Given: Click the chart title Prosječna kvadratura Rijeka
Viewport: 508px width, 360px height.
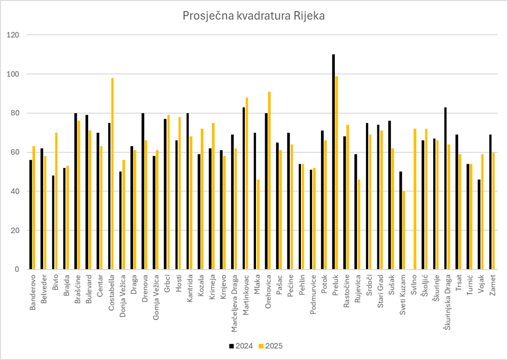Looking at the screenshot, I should [x=254, y=16].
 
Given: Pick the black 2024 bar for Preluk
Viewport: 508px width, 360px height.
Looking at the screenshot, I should [x=333, y=162].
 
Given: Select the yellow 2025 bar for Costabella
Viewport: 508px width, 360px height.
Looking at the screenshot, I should [x=112, y=173].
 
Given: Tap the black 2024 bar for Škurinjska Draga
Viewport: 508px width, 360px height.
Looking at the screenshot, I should [x=445, y=188].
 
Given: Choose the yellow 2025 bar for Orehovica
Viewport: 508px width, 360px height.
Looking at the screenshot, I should [x=269, y=180].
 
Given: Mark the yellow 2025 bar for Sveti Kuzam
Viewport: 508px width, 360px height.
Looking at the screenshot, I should [x=404, y=230].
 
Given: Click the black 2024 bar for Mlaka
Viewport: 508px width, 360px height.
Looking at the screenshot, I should [x=255, y=201].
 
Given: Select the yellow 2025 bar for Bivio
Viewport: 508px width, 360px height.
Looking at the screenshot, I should [x=56, y=201].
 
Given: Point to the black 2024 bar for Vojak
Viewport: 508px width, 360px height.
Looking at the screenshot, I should [x=479, y=224].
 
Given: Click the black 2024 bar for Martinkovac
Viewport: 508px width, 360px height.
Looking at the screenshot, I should [x=244, y=188].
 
